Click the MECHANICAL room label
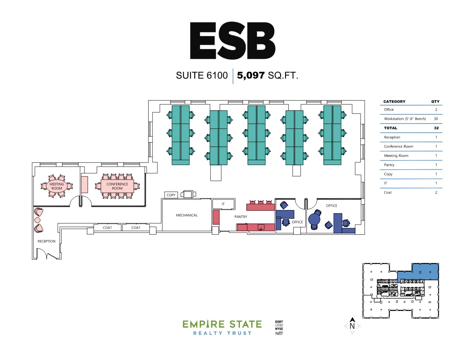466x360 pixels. [x=186, y=215]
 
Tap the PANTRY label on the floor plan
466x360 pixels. [x=241, y=217]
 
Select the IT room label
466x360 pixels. [x=223, y=204]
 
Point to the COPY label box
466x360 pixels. [x=171, y=195]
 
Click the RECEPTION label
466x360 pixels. [x=47, y=241]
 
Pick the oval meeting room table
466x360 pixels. [x=56, y=186]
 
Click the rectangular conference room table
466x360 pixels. [x=117, y=186]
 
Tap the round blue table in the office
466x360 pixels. [x=314, y=219]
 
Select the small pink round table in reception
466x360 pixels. [x=37, y=220]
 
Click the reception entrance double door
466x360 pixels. [x=47, y=254]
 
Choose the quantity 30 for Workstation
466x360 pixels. [x=436, y=119]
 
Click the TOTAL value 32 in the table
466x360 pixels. [x=436, y=128]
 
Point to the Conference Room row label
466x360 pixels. [x=399, y=146]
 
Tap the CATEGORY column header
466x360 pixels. [x=394, y=101]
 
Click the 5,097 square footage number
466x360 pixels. [x=251, y=75]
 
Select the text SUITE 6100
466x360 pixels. [x=202, y=76]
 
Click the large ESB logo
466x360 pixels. [x=233, y=40]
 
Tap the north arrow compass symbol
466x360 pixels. [x=352, y=326]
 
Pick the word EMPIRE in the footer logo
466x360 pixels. [x=203, y=324]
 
